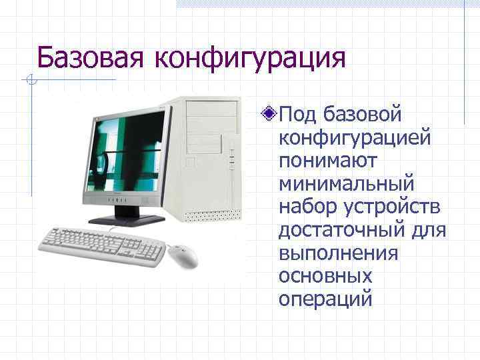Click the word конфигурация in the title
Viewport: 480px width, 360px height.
coord(250,58)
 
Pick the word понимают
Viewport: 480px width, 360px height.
coord(328,161)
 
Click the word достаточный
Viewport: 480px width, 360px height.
coord(345,230)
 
